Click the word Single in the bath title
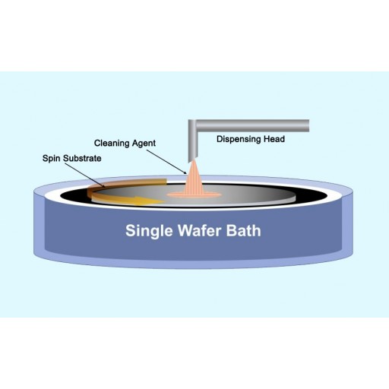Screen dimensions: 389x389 [149, 231]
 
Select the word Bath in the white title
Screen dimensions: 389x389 [243, 230]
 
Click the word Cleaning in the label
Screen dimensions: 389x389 [112, 144]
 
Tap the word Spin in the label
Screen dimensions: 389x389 [52, 159]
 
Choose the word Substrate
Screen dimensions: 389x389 [82, 158]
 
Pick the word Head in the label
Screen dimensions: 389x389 [274, 139]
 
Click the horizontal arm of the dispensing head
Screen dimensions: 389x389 [253, 125]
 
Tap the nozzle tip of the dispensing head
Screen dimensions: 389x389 [193, 160]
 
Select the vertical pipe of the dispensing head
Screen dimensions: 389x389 [193, 143]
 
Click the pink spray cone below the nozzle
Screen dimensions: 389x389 [194, 177]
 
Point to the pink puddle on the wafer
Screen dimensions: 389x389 [194, 194]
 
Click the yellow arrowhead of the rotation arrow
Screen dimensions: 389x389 [150, 200]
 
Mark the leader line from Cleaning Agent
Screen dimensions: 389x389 [166, 162]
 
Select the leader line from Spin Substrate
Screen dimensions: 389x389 [85, 175]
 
